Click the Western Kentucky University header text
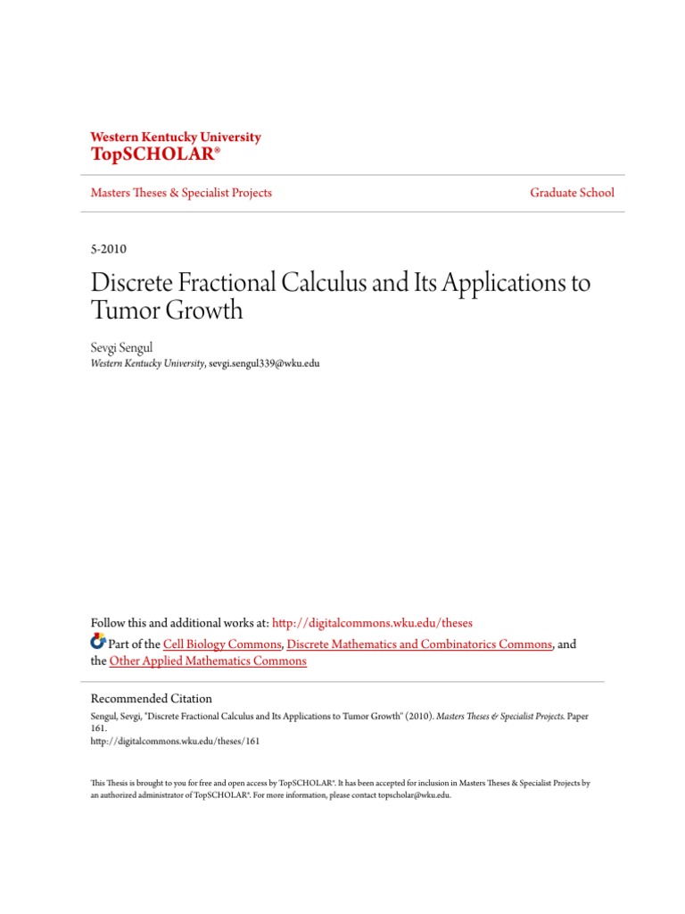pyautogui.click(x=176, y=137)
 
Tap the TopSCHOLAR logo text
pyautogui.click(x=154, y=154)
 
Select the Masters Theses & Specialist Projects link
pyautogui.click(x=181, y=193)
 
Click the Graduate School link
pyautogui.click(x=572, y=193)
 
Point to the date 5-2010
pyautogui.click(x=110, y=248)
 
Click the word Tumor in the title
pyautogui.click(x=123, y=312)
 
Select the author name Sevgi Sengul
pyautogui.click(x=122, y=348)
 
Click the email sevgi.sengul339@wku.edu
pyautogui.click(x=263, y=363)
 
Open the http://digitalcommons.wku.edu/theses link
pyautogui.click(x=371, y=623)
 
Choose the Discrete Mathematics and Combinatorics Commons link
pyautogui.click(x=420, y=644)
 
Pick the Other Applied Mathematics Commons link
pyautogui.click(x=208, y=661)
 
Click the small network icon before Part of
pyautogui.click(x=99, y=642)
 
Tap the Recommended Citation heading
pyautogui.click(x=152, y=699)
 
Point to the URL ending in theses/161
pyautogui.click(x=176, y=740)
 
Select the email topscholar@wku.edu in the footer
pyautogui.click(x=414, y=794)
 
